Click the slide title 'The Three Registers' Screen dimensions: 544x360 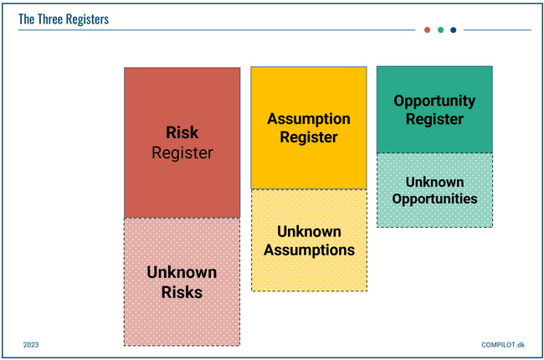click(64, 19)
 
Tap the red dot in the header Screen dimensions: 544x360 click(427, 30)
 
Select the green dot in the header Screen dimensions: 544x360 click(440, 30)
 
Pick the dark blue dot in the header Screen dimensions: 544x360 click(453, 30)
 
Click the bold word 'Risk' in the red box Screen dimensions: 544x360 click(182, 132)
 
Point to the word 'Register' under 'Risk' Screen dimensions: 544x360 click(182, 153)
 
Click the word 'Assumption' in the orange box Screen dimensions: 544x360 click(309, 119)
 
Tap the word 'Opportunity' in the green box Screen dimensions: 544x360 click(434, 101)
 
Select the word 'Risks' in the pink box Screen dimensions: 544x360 click(182, 292)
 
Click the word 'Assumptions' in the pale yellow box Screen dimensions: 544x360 click(309, 250)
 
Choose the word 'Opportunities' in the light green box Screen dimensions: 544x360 click(434, 199)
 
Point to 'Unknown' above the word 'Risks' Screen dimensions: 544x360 click(182, 272)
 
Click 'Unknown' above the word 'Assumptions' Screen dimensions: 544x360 click(309, 232)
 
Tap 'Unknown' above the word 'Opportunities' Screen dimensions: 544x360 click(434, 182)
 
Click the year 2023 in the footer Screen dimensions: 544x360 click(31, 345)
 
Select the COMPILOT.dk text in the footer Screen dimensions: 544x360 click(503, 345)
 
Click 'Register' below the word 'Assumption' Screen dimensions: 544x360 click(309, 137)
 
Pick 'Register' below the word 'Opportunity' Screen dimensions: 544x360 click(434, 119)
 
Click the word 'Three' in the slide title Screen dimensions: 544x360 click(51, 19)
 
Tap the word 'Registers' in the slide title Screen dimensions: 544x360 click(87, 20)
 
